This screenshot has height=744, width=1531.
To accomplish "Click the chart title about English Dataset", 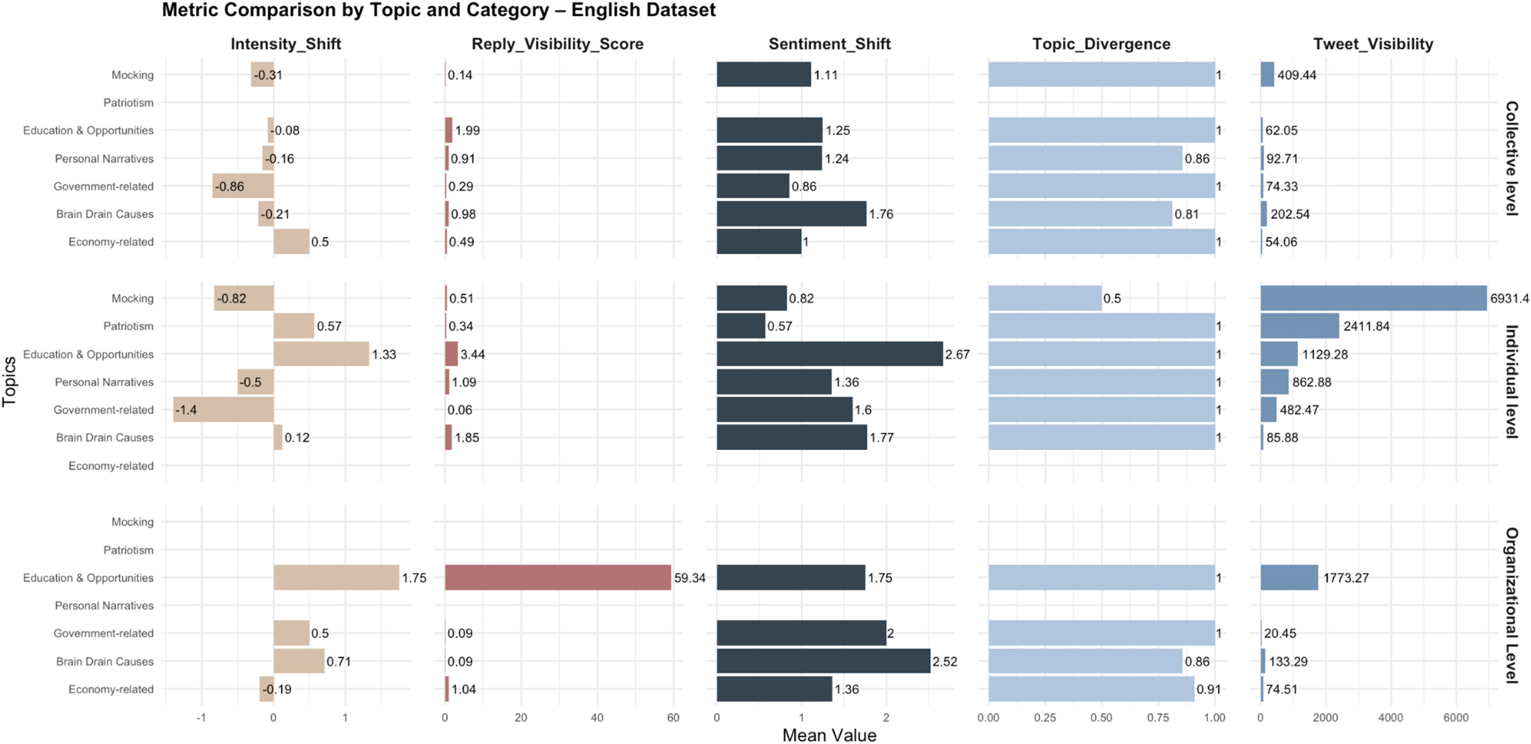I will coord(439,10).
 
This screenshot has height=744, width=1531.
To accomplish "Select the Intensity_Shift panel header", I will coord(285,44).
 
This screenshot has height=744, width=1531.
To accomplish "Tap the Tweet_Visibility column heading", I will coord(1373,44).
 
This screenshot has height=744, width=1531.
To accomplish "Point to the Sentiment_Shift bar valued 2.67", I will coord(829,354).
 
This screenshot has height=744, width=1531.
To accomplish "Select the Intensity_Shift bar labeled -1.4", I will coord(223,410).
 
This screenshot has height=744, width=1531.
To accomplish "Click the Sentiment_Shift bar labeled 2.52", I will coord(823,661).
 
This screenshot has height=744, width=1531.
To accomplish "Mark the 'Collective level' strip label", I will coord(1511,158).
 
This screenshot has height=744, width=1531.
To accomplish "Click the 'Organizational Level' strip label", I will coord(1511,605).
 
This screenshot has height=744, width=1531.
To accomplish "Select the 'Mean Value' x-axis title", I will coord(829,735).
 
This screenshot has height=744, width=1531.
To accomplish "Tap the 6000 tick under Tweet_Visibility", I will coord(1456,717).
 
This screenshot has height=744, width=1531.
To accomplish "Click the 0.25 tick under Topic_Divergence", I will coord(1044,717).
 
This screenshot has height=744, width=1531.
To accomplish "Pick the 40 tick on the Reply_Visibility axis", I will coord(597,717).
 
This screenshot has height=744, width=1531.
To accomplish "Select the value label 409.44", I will coord(1296,75).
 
